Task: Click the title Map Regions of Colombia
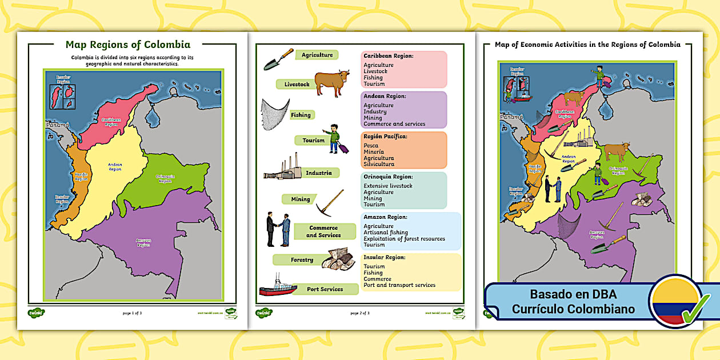[128, 45]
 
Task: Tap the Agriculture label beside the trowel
[317, 55]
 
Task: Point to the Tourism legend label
[313, 140]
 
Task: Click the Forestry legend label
[302, 260]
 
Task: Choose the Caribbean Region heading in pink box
[388, 56]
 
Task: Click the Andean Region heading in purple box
[385, 96]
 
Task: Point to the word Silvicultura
[378, 164]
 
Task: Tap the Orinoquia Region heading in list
[388, 177]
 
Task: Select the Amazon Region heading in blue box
[385, 217]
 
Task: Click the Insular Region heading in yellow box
[385, 257]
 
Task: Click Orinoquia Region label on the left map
[165, 179]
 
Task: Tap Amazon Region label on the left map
[143, 242]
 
